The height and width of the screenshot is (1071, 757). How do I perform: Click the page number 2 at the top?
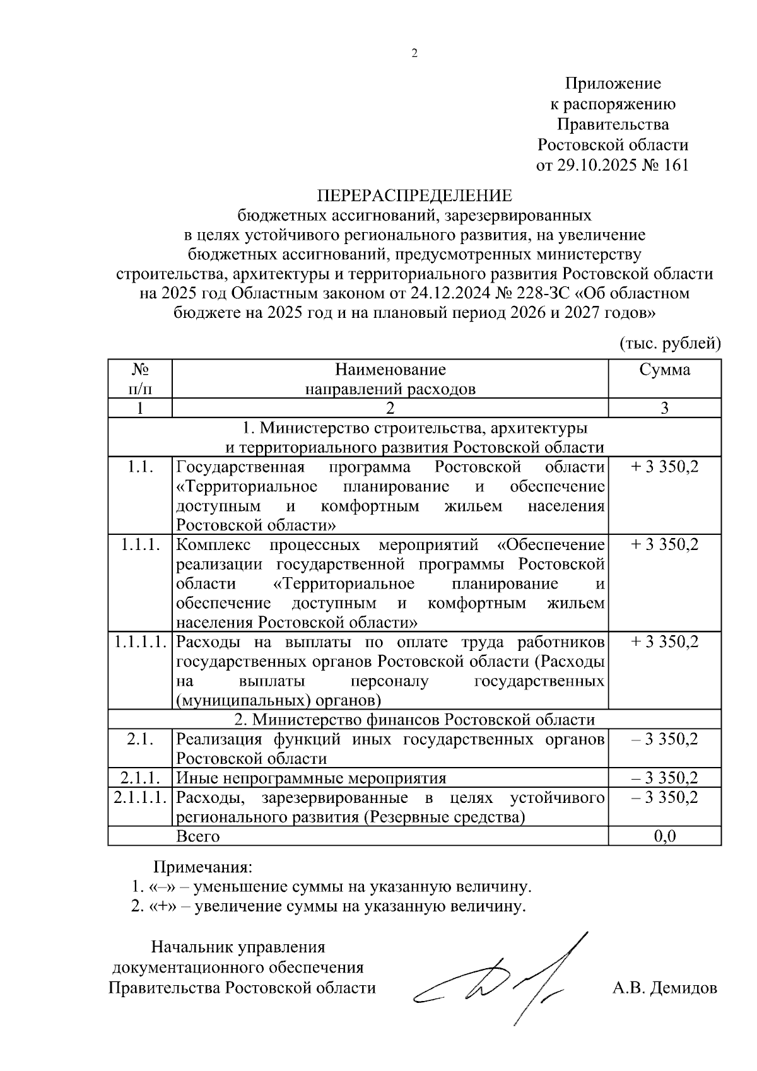tap(414, 54)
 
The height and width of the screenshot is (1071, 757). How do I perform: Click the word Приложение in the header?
tap(613, 83)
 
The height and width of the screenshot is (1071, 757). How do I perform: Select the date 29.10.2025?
tap(594, 165)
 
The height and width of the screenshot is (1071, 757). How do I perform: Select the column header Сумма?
tap(664, 370)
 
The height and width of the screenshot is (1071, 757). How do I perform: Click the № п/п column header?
tap(140, 378)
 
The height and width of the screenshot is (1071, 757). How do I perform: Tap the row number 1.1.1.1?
tap(140, 642)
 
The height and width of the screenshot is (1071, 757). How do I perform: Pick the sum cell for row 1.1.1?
tap(664, 545)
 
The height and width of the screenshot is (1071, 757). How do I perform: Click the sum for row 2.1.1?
tap(664, 778)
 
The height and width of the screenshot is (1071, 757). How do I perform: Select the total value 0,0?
tap(664, 836)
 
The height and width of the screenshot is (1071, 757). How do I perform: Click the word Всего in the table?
tap(198, 836)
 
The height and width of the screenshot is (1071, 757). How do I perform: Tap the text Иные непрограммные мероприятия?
tap(311, 778)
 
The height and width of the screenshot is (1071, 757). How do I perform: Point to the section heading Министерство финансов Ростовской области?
tap(414, 720)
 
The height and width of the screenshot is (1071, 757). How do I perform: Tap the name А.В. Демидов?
tap(664, 988)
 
